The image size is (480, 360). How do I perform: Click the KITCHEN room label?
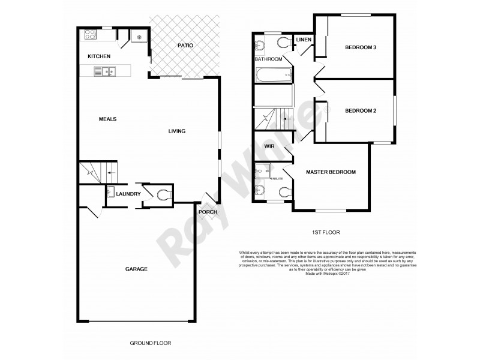click(99, 56)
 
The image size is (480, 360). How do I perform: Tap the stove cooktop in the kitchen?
click(91, 34)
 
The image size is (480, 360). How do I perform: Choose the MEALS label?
click(107, 119)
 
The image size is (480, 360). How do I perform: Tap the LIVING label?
click(176, 131)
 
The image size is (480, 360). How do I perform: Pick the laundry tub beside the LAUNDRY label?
click(111, 193)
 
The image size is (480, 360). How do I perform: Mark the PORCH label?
click(208, 212)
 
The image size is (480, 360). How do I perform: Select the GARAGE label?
click(136, 269)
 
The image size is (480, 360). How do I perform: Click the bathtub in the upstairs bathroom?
click(274, 76)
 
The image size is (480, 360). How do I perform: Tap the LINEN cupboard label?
click(303, 40)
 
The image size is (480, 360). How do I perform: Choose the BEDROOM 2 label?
click(360, 111)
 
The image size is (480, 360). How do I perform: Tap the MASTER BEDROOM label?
click(331, 172)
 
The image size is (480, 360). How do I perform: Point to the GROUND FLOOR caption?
click(151, 343)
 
